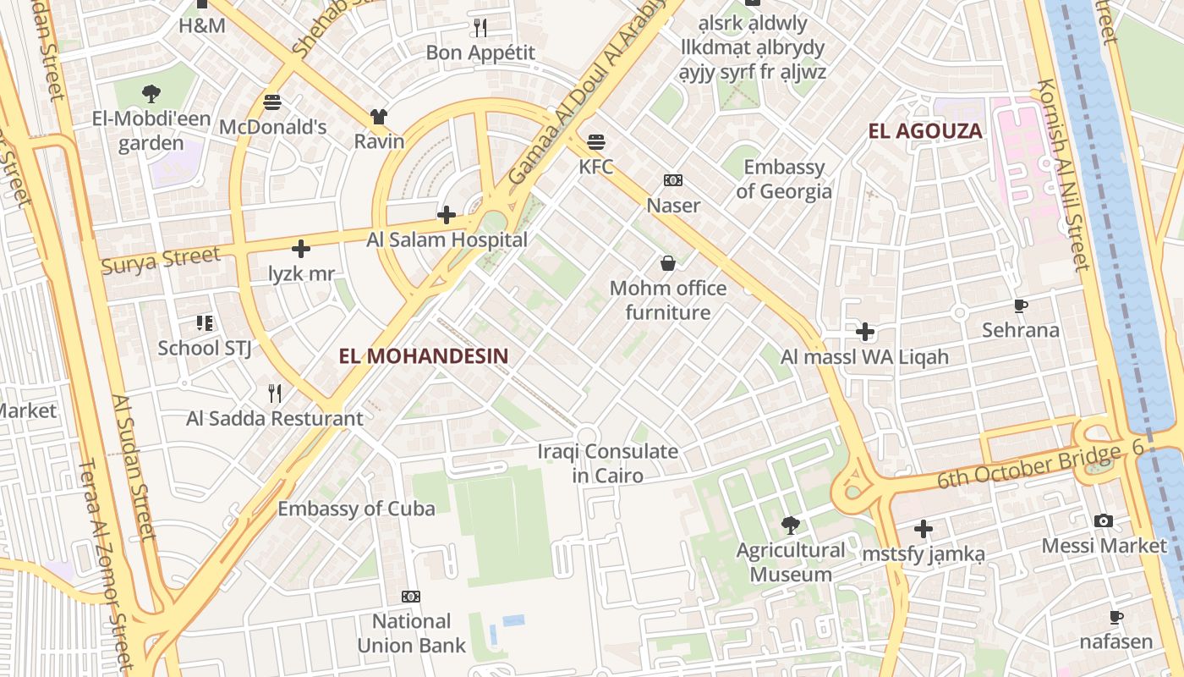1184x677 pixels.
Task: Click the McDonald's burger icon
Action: click(272, 102)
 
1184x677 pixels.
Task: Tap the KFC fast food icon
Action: click(596, 141)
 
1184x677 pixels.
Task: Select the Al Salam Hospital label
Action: click(447, 240)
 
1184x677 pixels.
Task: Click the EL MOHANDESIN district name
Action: click(424, 356)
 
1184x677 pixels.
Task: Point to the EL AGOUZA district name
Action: click(926, 131)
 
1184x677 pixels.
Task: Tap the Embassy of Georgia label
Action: click(783, 179)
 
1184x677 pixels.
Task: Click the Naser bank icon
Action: click(673, 180)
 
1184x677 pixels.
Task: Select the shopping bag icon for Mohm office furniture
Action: click(668, 263)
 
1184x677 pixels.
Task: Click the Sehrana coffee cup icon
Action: click(1021, 305)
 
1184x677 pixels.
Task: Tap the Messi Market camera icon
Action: click(1104, 521)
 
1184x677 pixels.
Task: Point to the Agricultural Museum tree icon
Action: click(791, 526)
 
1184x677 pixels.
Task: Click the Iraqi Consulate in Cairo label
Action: click(607, 464)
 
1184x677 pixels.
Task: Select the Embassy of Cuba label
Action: click(356, 509)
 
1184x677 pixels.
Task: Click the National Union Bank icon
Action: click(411, 597)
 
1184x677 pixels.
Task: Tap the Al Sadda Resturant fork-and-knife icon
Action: click(275, 393)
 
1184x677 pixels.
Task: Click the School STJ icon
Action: click(204, 322)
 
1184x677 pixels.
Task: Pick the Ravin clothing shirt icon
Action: click(378, 117)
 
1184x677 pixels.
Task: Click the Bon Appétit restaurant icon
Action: click(480, 28)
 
